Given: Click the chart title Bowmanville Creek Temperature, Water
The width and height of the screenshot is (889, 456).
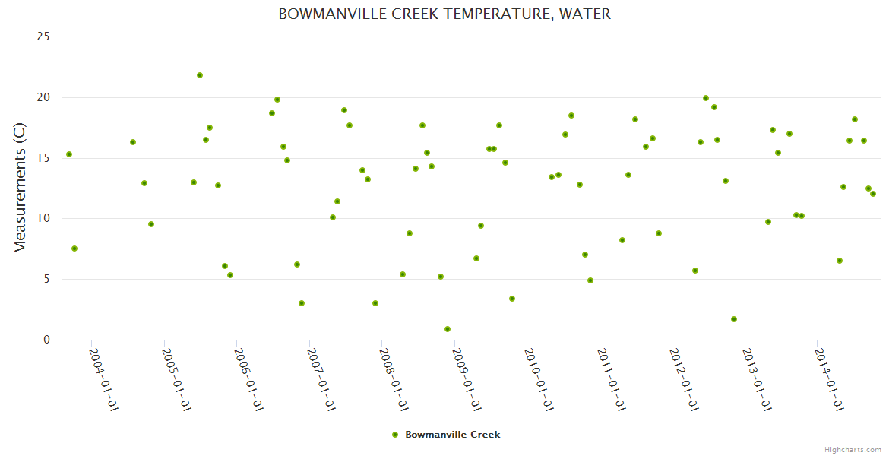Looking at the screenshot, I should tap(444, 14).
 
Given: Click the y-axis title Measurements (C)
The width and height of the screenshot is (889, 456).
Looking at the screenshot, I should tap(21, 188).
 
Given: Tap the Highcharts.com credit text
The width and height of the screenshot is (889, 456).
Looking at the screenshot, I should tap(853, 449).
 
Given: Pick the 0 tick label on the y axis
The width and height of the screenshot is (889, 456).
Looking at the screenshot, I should tap(46, 340).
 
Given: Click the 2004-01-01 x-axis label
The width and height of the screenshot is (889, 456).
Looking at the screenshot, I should tap(105, 380).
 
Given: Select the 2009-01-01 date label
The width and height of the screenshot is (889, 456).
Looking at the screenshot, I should tap(468, 380).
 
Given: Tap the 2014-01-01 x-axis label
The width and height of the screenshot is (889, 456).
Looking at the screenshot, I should tap(830, 380).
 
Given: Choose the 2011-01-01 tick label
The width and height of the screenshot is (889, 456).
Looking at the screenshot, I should tap(613, 380).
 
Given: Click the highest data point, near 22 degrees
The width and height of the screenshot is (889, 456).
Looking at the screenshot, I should tap(200, 75).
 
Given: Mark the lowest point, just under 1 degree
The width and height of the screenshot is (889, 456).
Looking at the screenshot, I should tap(448, 329).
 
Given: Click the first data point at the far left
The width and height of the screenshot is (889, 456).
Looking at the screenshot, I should tap(69, 154).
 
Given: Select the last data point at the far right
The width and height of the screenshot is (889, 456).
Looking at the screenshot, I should tap(873, 194).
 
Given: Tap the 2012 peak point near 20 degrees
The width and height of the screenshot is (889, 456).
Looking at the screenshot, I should tap(706, 98).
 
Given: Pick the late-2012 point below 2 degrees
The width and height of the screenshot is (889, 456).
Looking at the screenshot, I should tap(734, 319).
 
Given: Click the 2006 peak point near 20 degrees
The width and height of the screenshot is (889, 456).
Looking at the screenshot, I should tap(277, 100).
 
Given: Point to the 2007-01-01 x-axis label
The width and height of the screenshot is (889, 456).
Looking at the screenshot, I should tap(323, 380).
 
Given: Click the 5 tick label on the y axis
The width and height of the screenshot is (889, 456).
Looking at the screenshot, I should tap(46, 279).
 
